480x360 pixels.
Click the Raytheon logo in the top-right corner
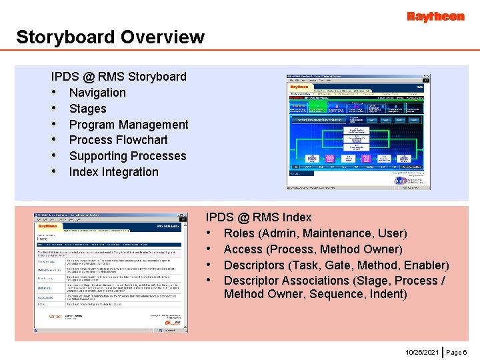(435, 17)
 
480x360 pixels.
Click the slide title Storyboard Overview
(110, 37)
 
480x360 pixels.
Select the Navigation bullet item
(97, 93)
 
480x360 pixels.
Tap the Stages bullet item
(87, 109)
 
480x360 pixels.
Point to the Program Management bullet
(129, 125)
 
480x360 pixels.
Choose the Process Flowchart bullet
(118, 140)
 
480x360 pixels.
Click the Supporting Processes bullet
(127, 156)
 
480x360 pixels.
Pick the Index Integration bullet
(113, 172)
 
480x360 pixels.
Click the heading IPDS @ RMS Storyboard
(119, 77)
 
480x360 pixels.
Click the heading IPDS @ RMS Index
(259, 217)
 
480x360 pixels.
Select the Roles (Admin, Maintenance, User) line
(315, 233)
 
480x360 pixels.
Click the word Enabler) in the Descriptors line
(425, 265)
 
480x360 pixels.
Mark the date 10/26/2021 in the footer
(422, 351)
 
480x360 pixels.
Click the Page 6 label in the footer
(457, 351)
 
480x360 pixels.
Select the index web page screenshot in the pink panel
(108, 273)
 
